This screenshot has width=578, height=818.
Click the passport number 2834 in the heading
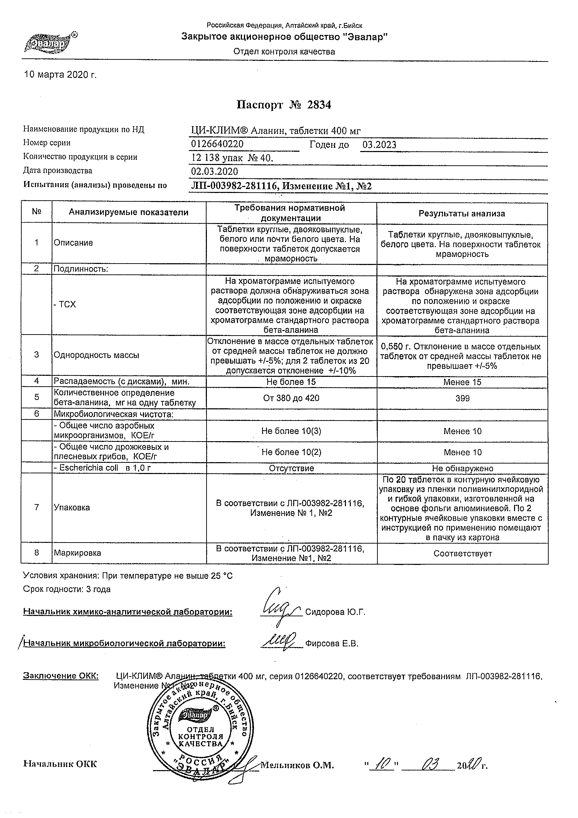click(319, 105)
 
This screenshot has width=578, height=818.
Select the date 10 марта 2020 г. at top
click(60, 75)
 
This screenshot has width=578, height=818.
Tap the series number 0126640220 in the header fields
click(217, 144)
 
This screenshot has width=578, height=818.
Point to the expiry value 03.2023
click(379, 145)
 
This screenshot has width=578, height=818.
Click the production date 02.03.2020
click(214, 171)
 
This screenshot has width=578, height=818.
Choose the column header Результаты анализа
click(462, 214)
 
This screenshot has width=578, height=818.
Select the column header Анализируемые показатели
click(129, 213)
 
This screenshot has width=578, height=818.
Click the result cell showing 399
click(462, 398)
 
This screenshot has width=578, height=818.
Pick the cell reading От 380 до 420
click(291, 398)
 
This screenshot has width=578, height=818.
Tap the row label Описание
click(73, 243)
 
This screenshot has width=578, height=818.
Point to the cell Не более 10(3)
click(291, 431)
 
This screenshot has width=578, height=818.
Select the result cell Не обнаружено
click(463, 468)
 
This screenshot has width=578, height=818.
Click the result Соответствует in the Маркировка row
click(463, 554)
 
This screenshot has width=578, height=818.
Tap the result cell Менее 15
click(462, 382)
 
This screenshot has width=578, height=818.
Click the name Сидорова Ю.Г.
click(335, 612)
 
